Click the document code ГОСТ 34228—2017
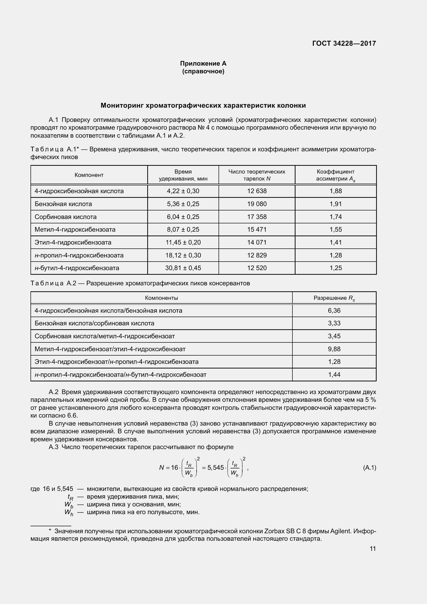[x=344, y=43]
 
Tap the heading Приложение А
[x=203, y=64]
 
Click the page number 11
[x=372, y=548]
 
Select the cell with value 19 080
[x=257, y=204]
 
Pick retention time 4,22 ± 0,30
[x=183, y=191]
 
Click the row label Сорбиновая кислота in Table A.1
[x=66, y=217]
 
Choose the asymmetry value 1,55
[x=336, y=229]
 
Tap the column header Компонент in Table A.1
[x=89, y=175]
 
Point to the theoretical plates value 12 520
[x=257, y=268]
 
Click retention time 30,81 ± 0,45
[x=183, y=268]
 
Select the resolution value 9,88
[x=334, y=349]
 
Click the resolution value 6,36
[x=334, y=310]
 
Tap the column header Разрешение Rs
[x=334, y=298]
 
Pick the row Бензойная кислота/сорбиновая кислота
[x=95, y=323]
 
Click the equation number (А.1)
[x=369, y=467]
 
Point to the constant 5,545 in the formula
[x=215, y=468]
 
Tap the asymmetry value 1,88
[x=336, y=191]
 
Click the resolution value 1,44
[x=334, y=374]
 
